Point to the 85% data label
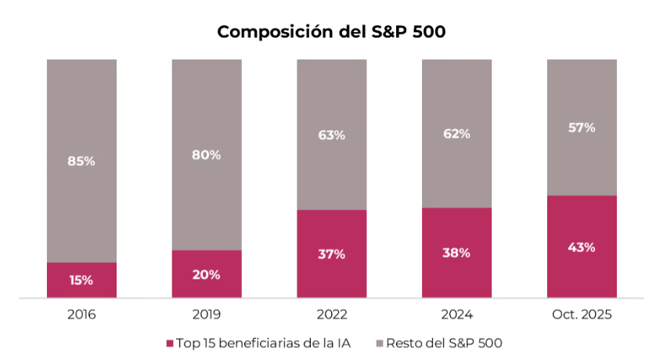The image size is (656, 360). click(x=81, y=161)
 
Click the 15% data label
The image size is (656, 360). click(x=81, y=280)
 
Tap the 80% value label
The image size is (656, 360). click(x=207, y=155)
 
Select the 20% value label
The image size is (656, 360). click(x=207, y=275)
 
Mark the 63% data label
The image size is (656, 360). click(x=331, y=135)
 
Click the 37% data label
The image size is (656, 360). click(x=331, y=254)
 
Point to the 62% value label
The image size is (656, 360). click(x=456, y=134)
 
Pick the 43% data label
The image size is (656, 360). click(x=582, y=247)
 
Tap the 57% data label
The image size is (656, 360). click(x=582, y=128)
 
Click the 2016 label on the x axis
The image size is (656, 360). click(x=81, y=315)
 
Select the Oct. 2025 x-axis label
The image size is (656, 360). click(x=582, y=315)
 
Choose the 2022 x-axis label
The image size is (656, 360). click(x=331, y=315)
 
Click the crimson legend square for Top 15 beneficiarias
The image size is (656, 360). click(x=169, y=344)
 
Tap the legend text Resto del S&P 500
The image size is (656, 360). click(x=445, y=343)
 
